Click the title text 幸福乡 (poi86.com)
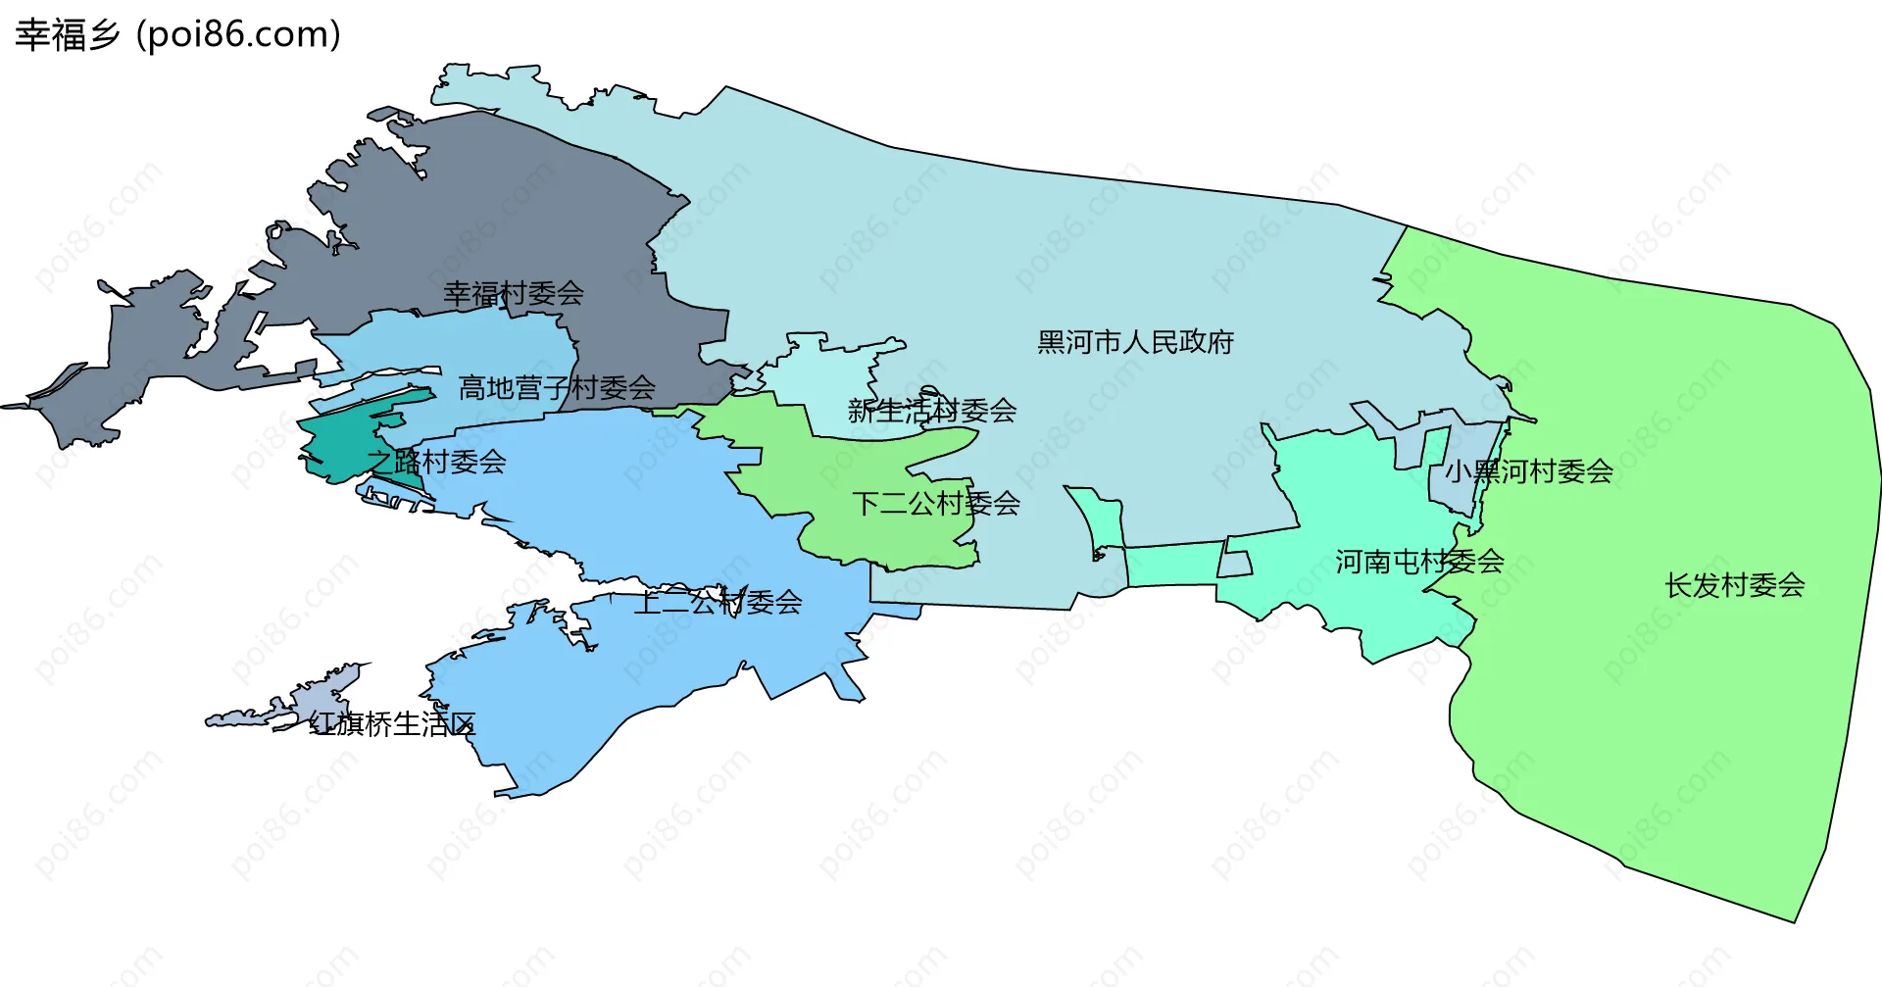(177, 34)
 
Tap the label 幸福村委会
(514, 293)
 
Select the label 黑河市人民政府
(1135, 342)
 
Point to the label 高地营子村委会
(557, 388)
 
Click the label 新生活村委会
(931, 411)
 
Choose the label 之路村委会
(436, 461)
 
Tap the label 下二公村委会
(936, 504)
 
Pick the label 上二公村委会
(718, 602)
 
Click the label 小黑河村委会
(1529, 471)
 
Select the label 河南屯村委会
(1419, 562)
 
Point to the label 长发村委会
(1735, 585)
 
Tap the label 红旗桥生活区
(392, 724)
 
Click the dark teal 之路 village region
(333, 441)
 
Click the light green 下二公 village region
(863, 461)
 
